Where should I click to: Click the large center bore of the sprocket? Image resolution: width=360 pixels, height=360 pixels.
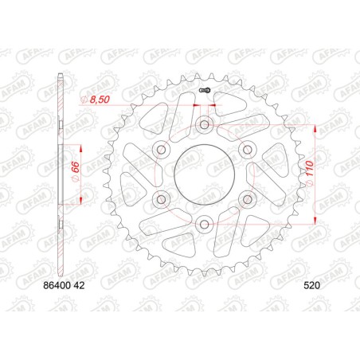pos(205,173)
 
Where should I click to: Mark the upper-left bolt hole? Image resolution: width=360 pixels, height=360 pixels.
pos(162,148)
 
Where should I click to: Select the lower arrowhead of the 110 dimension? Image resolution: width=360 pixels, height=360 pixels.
pos(317,220)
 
